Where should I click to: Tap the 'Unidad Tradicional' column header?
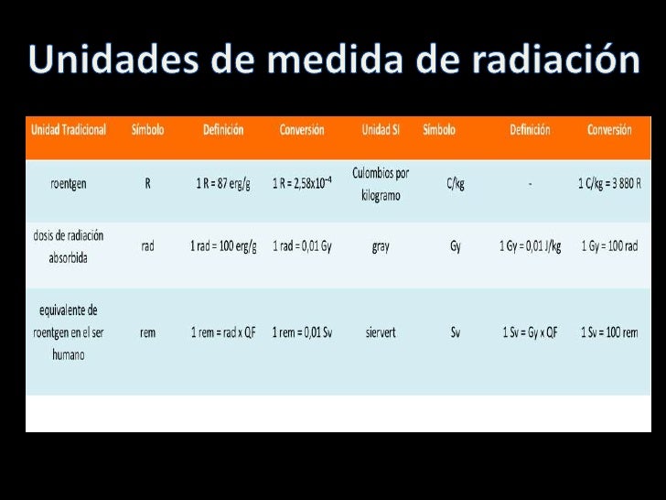click(69, 130)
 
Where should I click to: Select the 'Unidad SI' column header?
click(381, 130)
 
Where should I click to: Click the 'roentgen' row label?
click(69, 183)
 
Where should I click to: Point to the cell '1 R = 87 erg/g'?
click(223, 183)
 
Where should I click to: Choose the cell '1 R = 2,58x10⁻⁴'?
click(303, 183)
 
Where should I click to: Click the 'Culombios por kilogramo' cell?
click(381, 183)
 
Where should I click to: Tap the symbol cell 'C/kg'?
click(456, 183)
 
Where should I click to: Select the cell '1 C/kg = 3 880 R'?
click(609, 183)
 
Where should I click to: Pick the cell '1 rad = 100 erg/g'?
click(223, 246)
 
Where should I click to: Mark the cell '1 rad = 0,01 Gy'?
click(302, 246)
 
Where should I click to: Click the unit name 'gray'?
click(381, 246)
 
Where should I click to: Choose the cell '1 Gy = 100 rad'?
click(609, 246)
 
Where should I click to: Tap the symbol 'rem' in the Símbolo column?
click(147, 332)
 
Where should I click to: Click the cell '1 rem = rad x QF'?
click(223, 332)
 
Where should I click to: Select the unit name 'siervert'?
click(381, 332)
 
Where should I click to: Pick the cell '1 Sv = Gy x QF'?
click(531, 332)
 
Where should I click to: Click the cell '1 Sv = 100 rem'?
click(609, 332)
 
